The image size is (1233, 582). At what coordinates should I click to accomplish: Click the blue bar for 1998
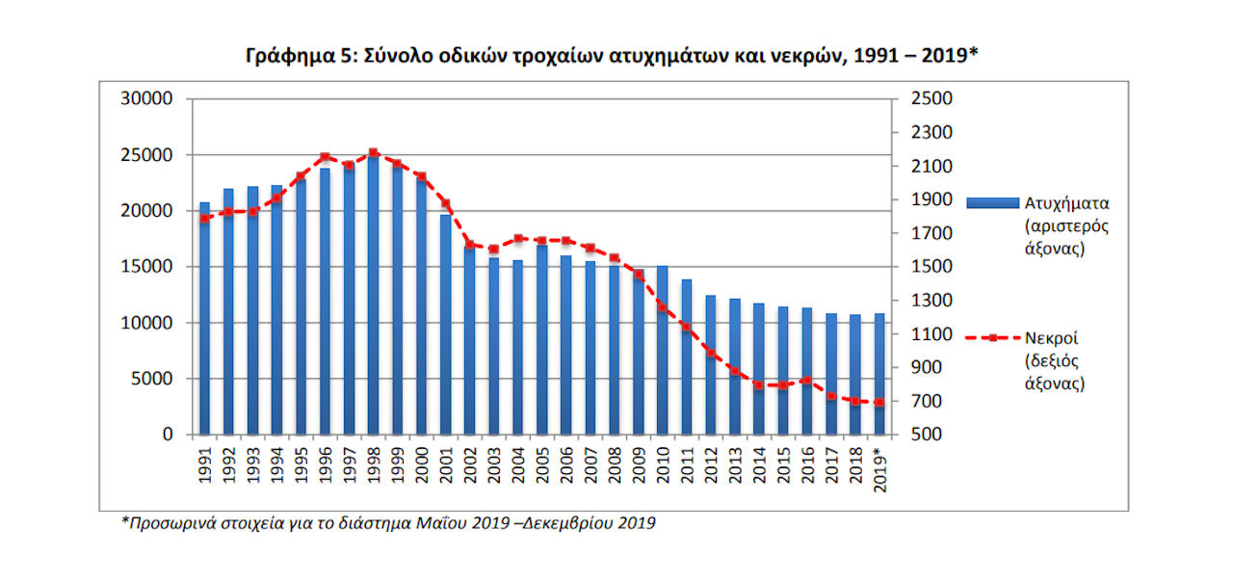coord(373,294)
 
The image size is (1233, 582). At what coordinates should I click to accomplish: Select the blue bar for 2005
coord(542,339)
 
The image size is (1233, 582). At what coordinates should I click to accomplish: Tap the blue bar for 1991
coord(205,318)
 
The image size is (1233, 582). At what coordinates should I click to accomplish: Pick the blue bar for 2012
coord(711,364)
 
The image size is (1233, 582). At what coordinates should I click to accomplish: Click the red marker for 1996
coord(325,157)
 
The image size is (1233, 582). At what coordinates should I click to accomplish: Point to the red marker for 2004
coord(518,238)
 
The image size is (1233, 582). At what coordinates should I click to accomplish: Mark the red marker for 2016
coord(807,381)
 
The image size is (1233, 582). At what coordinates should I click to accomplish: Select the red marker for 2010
coord(663,307)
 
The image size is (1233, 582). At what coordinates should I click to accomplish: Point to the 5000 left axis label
coord(151,379)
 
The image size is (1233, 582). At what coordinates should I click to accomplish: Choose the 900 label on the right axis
coord(927,367)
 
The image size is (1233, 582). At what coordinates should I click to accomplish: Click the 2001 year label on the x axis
coord(446,465)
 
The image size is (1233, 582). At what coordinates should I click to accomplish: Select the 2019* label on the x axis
coord(880,469)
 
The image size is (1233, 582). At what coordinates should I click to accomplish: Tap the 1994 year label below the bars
coord(276,465)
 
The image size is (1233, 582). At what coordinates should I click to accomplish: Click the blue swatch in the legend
coord(992,203)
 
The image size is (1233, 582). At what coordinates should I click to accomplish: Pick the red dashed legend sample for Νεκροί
coord(992,338)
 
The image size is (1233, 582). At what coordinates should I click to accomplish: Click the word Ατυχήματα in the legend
coord(1066,203)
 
